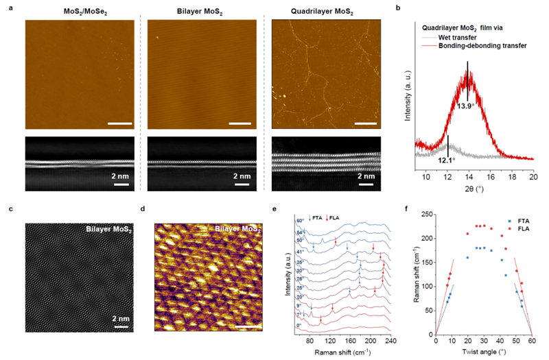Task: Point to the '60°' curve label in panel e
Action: click(300, 221)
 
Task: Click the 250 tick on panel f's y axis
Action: click(428, 215)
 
